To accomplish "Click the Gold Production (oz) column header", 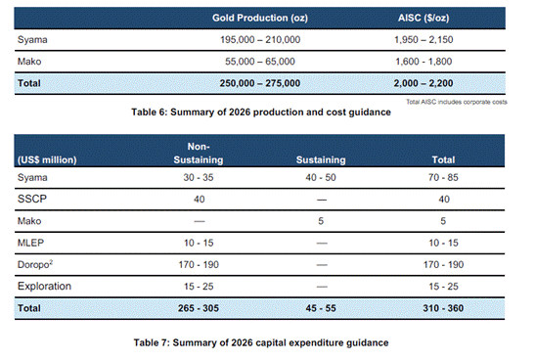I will (x=264, y=19).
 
